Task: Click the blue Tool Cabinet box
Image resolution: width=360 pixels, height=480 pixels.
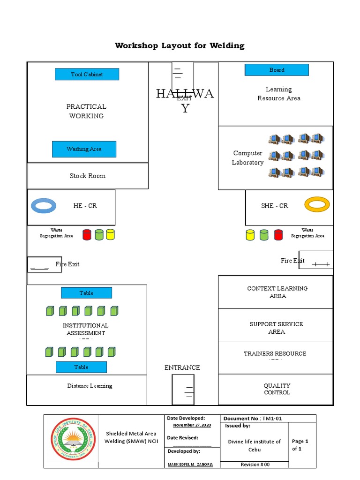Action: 87,74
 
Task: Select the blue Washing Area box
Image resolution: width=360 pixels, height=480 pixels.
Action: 84,149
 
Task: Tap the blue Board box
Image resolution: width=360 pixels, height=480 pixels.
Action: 277,70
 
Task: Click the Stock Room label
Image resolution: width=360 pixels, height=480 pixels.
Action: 88,176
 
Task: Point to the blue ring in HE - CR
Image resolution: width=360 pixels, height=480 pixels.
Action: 44,206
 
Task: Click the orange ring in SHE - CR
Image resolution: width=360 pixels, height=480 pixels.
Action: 317,204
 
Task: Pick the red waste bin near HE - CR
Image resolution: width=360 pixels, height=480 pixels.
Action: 87,235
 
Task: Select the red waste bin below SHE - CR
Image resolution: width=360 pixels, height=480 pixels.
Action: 278,234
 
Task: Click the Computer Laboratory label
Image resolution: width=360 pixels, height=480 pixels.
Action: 247,158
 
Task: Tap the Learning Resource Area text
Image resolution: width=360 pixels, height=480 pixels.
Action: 279,94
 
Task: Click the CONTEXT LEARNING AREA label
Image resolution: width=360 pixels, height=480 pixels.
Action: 277,292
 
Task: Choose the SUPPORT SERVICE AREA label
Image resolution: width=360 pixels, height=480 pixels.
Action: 276,328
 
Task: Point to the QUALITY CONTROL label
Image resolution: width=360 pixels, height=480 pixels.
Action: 277,389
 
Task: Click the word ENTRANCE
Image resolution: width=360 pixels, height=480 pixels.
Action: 182,367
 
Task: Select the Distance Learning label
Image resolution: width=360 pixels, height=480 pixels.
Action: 90,386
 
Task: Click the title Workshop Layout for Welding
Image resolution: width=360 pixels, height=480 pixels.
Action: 180,45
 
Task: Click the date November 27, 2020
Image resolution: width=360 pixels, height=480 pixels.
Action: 192,425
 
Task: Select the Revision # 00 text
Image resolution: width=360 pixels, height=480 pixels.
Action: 255,465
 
